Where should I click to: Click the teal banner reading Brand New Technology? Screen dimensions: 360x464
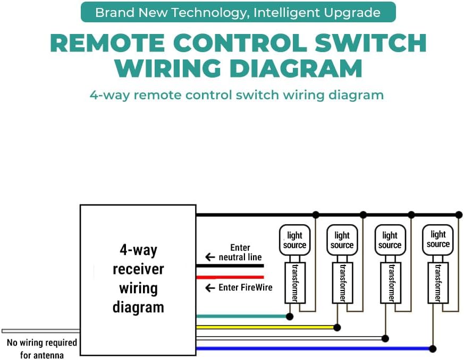(238, 12)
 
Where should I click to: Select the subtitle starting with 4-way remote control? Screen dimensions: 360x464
(237, 96)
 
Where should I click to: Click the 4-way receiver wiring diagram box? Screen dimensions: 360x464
(138, 279)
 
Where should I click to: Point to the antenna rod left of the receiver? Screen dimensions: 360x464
(40, 330)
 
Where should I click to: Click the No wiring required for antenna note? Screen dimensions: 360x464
(41, 348)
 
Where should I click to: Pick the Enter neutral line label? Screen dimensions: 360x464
(239, 252)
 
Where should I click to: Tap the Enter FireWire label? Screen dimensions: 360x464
(245, 287)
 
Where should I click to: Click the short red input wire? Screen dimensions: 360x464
(230, 277)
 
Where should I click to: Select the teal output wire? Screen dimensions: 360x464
(242, 316)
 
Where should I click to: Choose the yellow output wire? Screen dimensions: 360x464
(266, 327)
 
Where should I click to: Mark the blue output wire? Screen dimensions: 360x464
(314, 349)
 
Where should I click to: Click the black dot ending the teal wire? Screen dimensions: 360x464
(290, 316)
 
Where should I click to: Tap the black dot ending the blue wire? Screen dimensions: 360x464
(433, 349)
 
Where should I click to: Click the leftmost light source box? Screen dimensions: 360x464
(294, 240)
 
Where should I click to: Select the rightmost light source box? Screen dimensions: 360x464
(438, 239)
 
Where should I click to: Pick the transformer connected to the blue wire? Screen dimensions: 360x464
(437, 282)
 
